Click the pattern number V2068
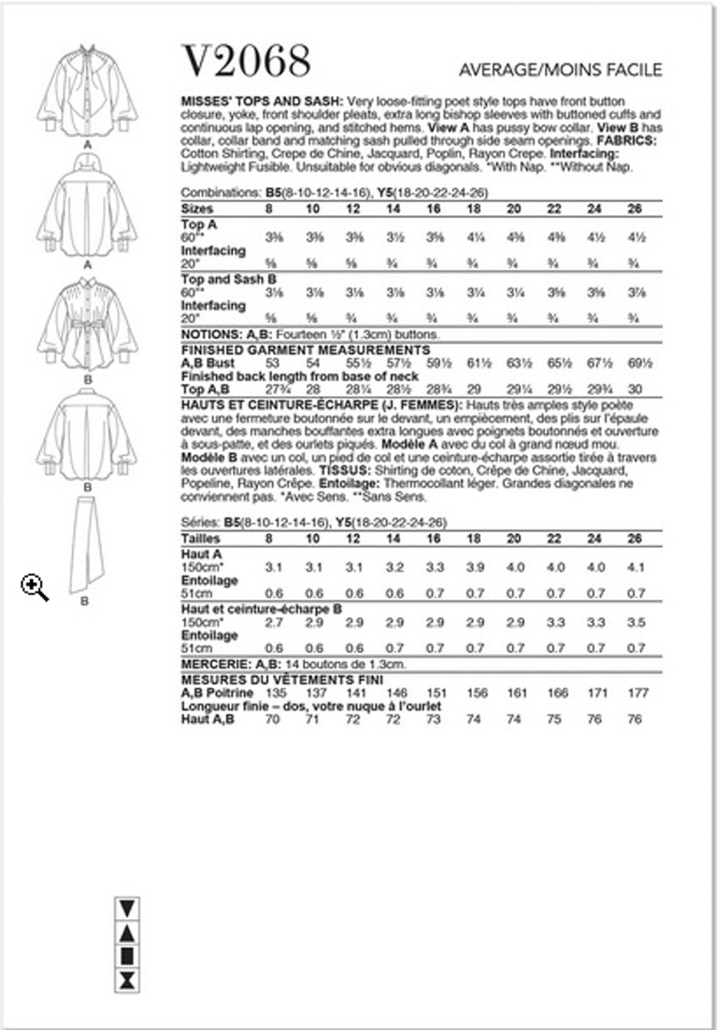coord(246,62)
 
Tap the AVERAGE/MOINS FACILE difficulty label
coord(560,71)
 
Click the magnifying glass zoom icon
coord(34,588)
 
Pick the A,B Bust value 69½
coord(635,363)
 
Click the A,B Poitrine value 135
coord(273,693)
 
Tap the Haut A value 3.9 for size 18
coord(474,567)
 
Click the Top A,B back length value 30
coord(635,390)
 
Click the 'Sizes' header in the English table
coord(197,209)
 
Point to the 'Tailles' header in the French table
coord(201,539)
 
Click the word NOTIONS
coord(211,335)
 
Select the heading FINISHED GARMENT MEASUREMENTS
coord(305,350)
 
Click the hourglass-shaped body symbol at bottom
coord(128,980)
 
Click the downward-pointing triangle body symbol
coord(128,908)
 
